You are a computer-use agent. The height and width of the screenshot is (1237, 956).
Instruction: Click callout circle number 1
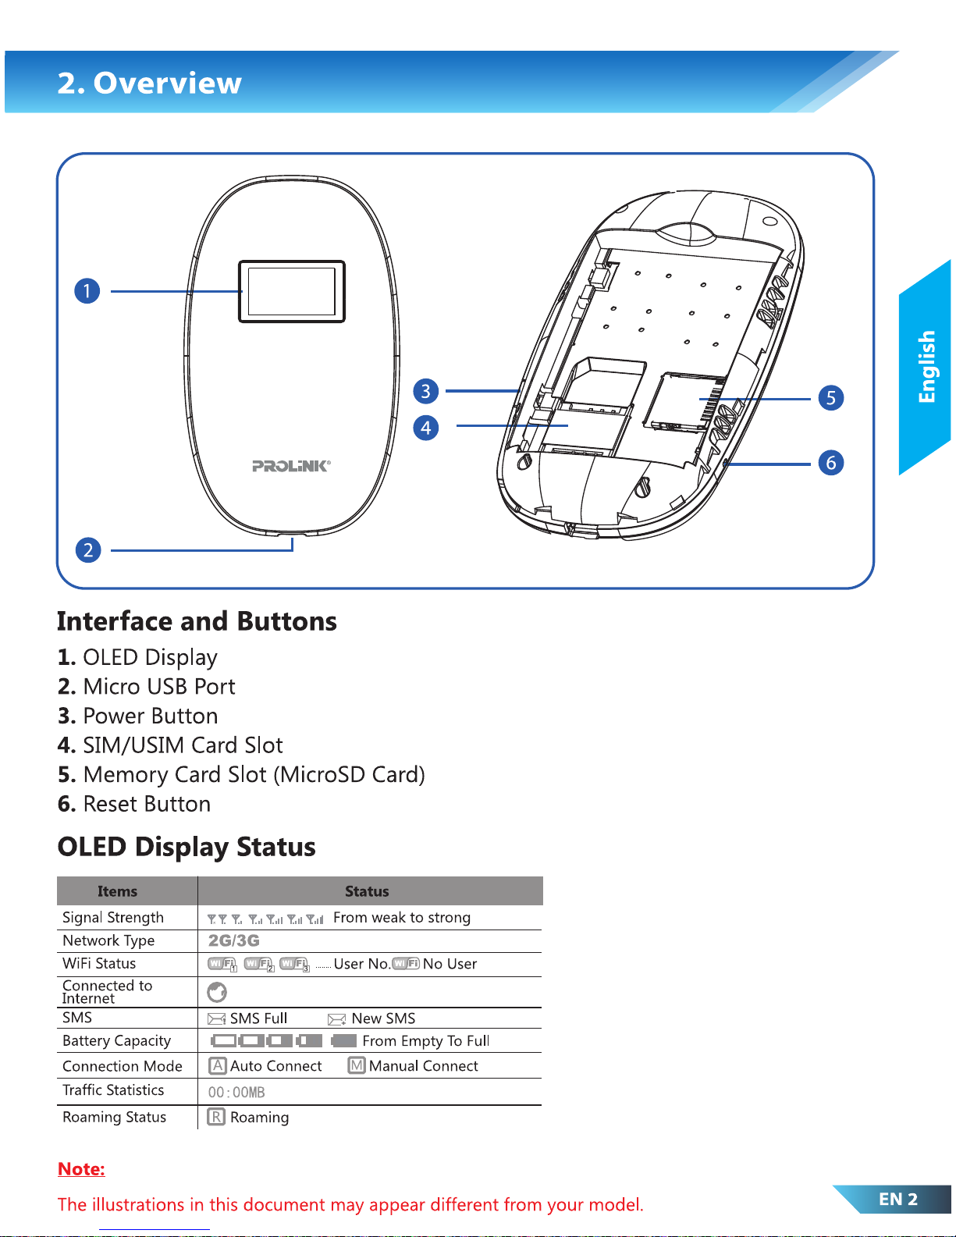click(x=87, y=291)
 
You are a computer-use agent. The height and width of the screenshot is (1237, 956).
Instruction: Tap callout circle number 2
click(x=88, y=550)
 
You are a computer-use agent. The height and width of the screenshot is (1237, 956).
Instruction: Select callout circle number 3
click(x=426, y=391)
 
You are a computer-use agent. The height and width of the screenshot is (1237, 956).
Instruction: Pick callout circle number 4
click(x=426, y=428)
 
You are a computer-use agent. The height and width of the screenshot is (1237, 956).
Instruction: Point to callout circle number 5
click(x=831, y=398)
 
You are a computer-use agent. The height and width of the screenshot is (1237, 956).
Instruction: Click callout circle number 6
click(x=831, y=463)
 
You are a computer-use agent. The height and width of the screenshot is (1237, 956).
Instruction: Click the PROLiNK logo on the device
click(x=291, y=466)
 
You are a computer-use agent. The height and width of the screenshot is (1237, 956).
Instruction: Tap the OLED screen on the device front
click(x=291, y=291)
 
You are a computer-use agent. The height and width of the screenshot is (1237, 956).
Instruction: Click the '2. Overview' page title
click(x=150, y=83)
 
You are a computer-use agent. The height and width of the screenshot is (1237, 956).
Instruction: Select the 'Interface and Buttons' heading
click(x=197, y=621)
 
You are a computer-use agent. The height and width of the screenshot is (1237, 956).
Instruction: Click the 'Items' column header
click(x=117, y=891)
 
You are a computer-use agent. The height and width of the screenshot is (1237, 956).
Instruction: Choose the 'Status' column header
click(x=367, y=891)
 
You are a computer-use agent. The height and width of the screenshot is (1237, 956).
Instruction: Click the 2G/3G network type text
click(x=233, y=940)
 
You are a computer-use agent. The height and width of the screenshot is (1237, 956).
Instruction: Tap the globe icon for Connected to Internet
click(x=217, y=992)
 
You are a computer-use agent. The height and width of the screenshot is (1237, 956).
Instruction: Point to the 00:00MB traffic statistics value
click(x=236, y=1093)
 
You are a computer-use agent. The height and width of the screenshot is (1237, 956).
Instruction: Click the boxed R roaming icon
click(x=216, y=1117)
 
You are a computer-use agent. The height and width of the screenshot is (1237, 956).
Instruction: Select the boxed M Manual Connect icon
click(x=357, y=1065)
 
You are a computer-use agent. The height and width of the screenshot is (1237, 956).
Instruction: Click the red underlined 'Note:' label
click(x=81, y=1169)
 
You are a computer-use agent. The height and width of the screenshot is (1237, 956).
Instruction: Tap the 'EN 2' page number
click(x=897, y=1200)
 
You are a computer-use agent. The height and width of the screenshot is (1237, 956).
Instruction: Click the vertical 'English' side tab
click(x=926, y=367)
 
